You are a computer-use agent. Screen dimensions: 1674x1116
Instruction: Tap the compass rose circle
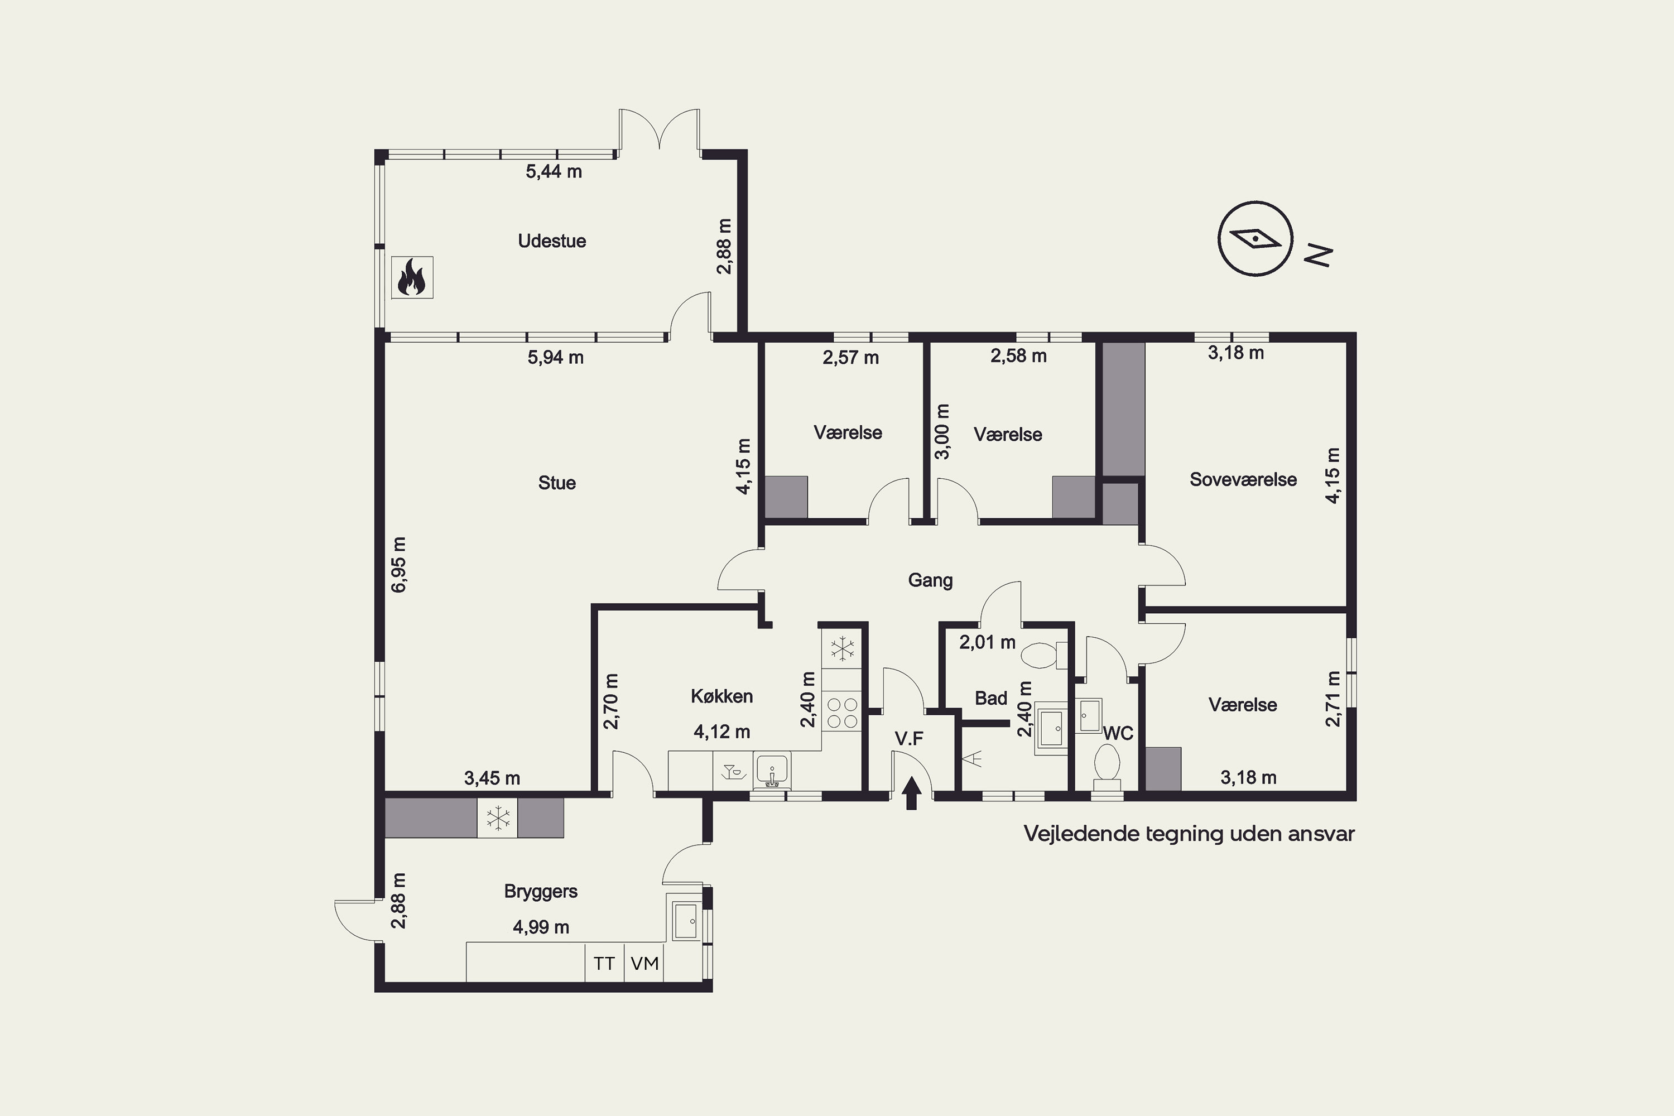(x=1256, y=238)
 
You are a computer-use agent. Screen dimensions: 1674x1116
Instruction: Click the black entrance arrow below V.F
(x=912, y=793)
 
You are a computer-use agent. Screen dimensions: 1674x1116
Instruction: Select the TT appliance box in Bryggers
(x=604, y=963)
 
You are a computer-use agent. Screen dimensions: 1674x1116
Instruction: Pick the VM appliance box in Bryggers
(x=644, y=963)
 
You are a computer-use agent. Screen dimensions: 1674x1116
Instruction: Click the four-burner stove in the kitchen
(x=842, y=713)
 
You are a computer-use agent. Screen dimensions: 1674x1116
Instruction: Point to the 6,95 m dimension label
(x=400, y=564)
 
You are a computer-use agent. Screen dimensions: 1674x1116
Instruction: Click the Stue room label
(x=556, y=483)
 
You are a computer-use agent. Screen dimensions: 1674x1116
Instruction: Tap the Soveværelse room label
(x=1243, y=479)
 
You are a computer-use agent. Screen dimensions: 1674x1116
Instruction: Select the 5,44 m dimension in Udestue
(x=554, y=171)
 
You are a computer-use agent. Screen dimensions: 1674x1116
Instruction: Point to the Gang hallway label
(x=930, y=580)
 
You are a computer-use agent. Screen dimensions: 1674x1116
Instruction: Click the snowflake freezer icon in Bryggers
(x=498, y=818)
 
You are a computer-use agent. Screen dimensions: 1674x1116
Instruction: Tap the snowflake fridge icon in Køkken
(x=842, y=648)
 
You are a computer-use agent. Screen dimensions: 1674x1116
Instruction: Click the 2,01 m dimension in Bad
(x=987, y=642)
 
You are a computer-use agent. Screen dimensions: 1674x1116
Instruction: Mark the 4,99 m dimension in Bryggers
(x=541, y=927)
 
